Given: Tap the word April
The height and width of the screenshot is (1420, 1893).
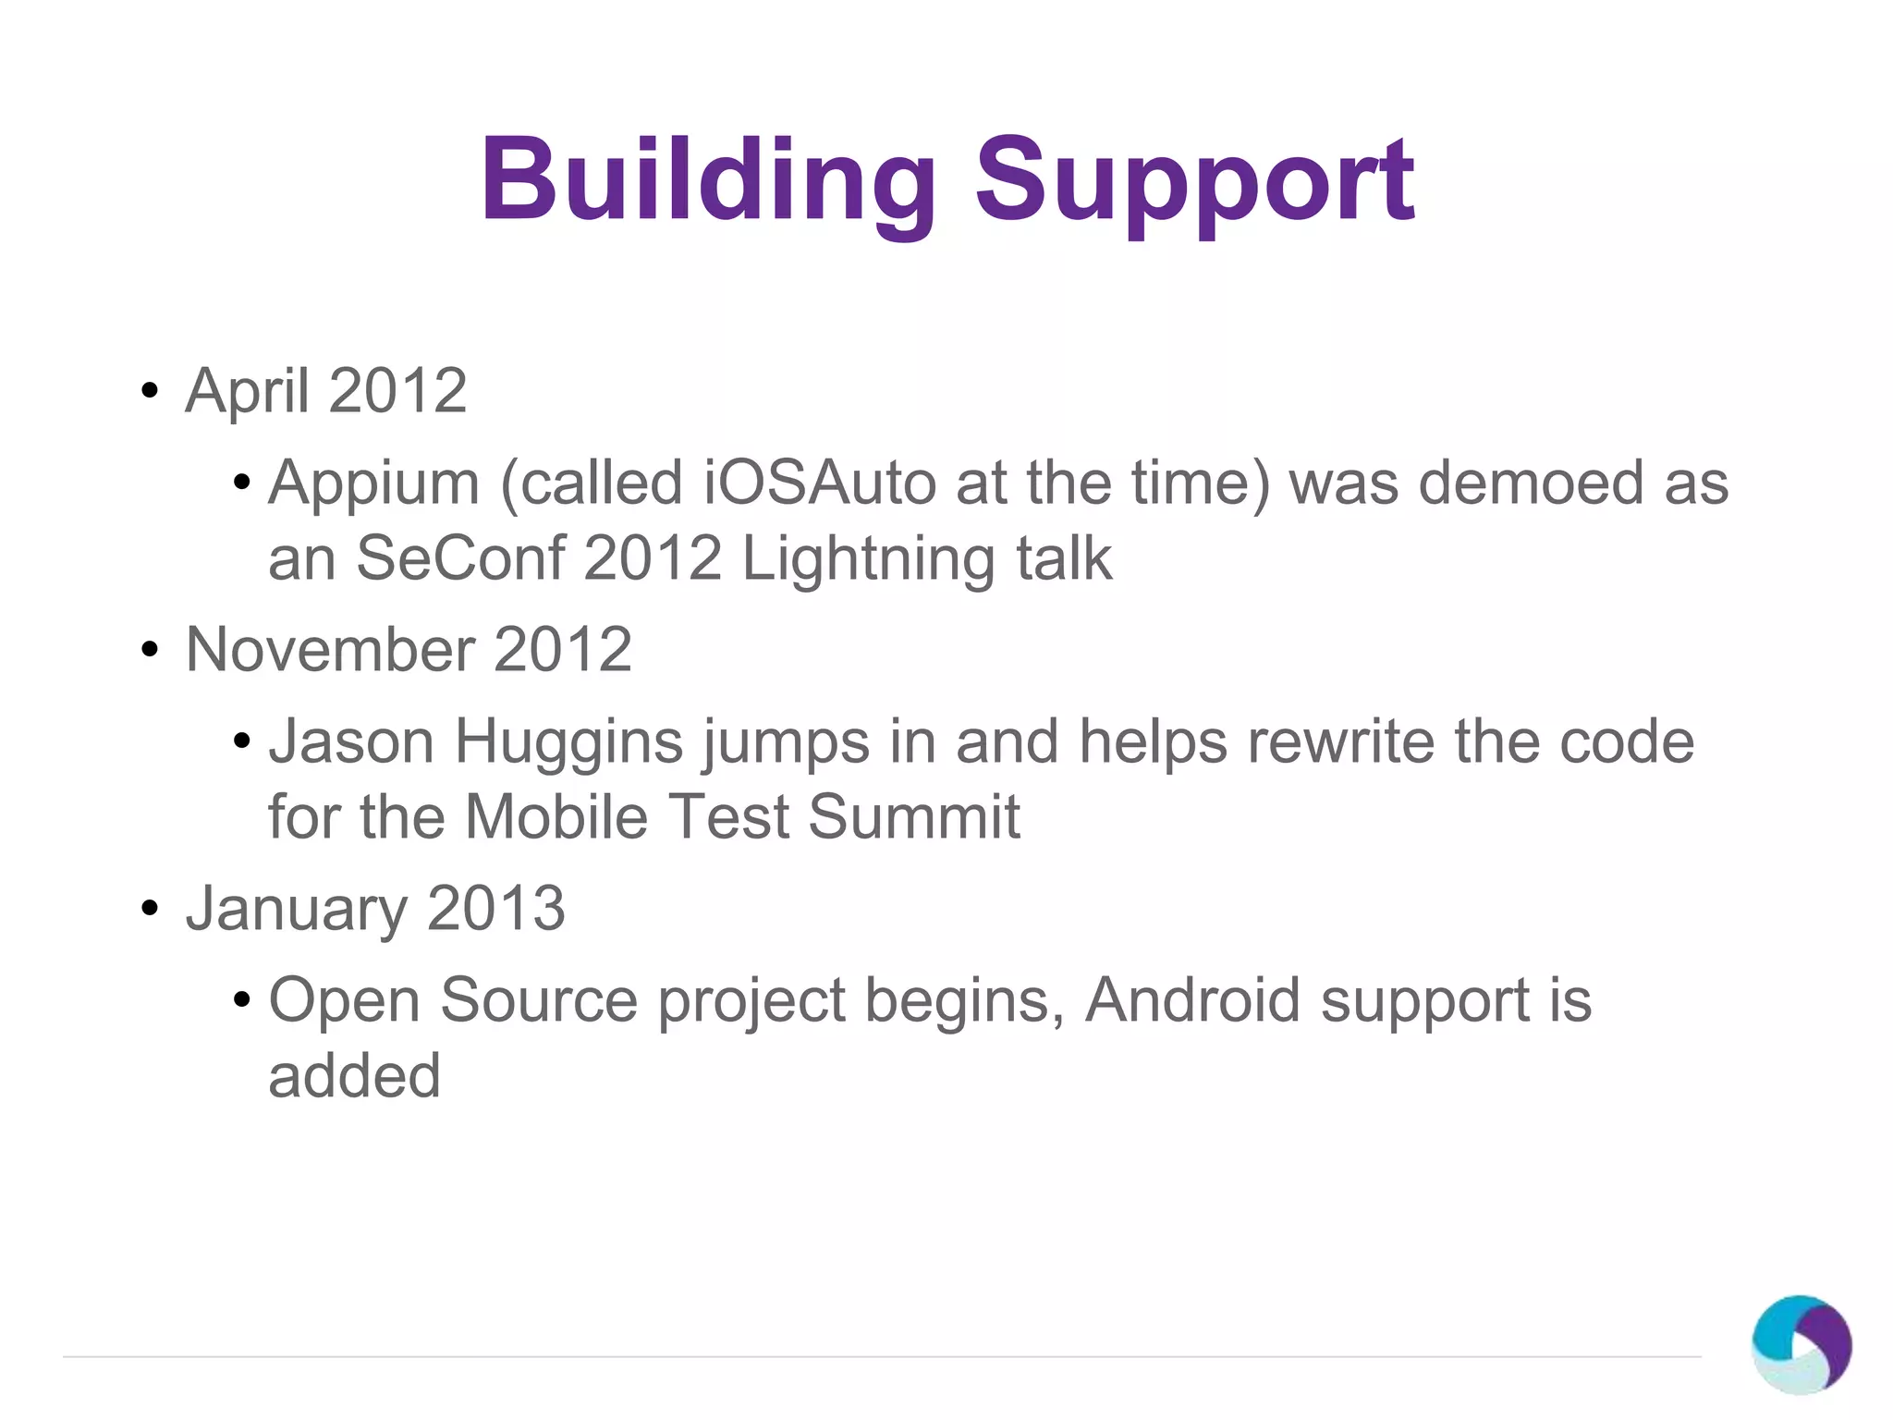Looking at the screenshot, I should pos(247,391).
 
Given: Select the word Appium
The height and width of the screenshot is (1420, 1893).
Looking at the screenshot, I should pos(373,484).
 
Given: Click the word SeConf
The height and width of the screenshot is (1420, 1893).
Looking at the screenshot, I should pos(459,558).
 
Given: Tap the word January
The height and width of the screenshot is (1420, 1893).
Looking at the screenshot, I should pos(296,910).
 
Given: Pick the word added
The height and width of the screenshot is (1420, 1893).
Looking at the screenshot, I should pos(354,1076).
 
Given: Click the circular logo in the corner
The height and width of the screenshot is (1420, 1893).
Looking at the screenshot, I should pos(1801,1344).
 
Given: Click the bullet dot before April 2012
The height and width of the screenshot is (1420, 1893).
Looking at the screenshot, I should pos(150,391).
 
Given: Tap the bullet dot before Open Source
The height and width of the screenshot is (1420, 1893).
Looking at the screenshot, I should pos(242,1000).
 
